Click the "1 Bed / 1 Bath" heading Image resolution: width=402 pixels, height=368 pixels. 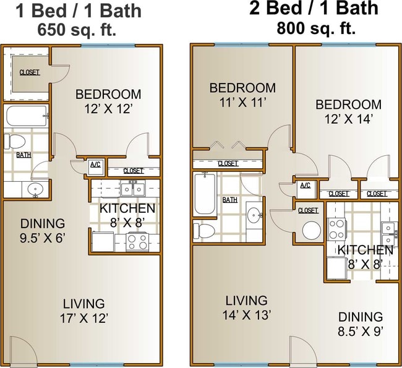tap(78, 11)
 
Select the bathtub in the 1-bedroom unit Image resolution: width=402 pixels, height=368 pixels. tap(27, 116)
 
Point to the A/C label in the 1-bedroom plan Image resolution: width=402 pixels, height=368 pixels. tap(95, 165)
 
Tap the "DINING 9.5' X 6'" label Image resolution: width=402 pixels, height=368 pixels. tap(43, 229)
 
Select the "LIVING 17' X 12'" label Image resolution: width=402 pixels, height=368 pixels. tap(83, 310)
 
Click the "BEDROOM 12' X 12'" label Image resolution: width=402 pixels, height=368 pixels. tap(108, 101)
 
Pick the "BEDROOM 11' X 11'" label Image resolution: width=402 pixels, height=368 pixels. tap(242, 95)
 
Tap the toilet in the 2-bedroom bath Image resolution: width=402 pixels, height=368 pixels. tap(203, 230)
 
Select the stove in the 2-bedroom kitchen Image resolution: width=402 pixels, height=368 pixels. tap(336, 229)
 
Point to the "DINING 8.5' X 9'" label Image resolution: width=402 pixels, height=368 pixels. tap(360, 323)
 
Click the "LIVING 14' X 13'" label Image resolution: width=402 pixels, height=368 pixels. tap(246, 307)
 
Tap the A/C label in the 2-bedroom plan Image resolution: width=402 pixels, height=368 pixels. tap(305, 186)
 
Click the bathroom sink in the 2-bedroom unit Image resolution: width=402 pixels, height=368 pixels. tap(254, 215)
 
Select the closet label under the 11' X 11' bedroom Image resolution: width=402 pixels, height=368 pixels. tap(228, 163)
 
